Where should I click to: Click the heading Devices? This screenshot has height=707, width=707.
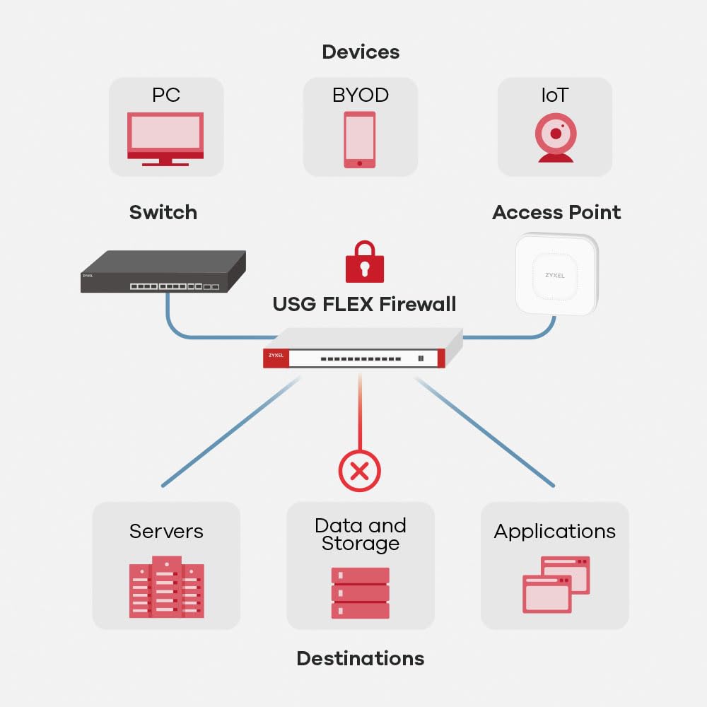pyautogui.click(x=361, y=52)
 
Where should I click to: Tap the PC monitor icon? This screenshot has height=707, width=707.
pyautogui.click(x=165, y=139)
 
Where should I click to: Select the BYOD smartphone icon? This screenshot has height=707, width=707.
pyautogui.click(x=360, y=140)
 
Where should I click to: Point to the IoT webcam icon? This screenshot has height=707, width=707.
pyautogui.click(x=556, y=138)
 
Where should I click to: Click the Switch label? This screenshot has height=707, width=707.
pyautogui.click(x=163, y=212)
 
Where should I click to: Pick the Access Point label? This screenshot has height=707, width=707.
pyautogui.click(x=556, y=212)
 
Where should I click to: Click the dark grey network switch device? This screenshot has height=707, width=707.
pyautogui.click(x=163, y=271)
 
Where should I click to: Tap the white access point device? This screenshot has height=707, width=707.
pyautogui.click(x=557, y=274)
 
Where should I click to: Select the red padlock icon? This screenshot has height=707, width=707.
pyautogui.click(x=365, y=262)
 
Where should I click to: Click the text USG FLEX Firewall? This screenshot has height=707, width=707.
pyautogui.click(x=364, y=304)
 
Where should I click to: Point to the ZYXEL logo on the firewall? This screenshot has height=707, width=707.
pyautogui.click(x=276, y=356)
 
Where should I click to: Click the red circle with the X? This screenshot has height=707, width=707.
pyautogui.click(x=360, y=471)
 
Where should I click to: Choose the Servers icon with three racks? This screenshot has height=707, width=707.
pyautogui.click(x=166, y=587)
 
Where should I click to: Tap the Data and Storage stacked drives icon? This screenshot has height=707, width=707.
pyautogui.click(x=361, y=593)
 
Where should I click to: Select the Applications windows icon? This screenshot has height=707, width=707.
pyautogui.click(x=556, y=585)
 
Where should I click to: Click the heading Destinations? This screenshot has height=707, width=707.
pyautogui.click(x=361, y=659)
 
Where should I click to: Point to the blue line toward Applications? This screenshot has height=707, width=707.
pyautogui.click(x=484, y=432)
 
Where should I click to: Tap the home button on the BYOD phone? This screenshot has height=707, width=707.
pyautogui.click(x=360, y=163)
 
